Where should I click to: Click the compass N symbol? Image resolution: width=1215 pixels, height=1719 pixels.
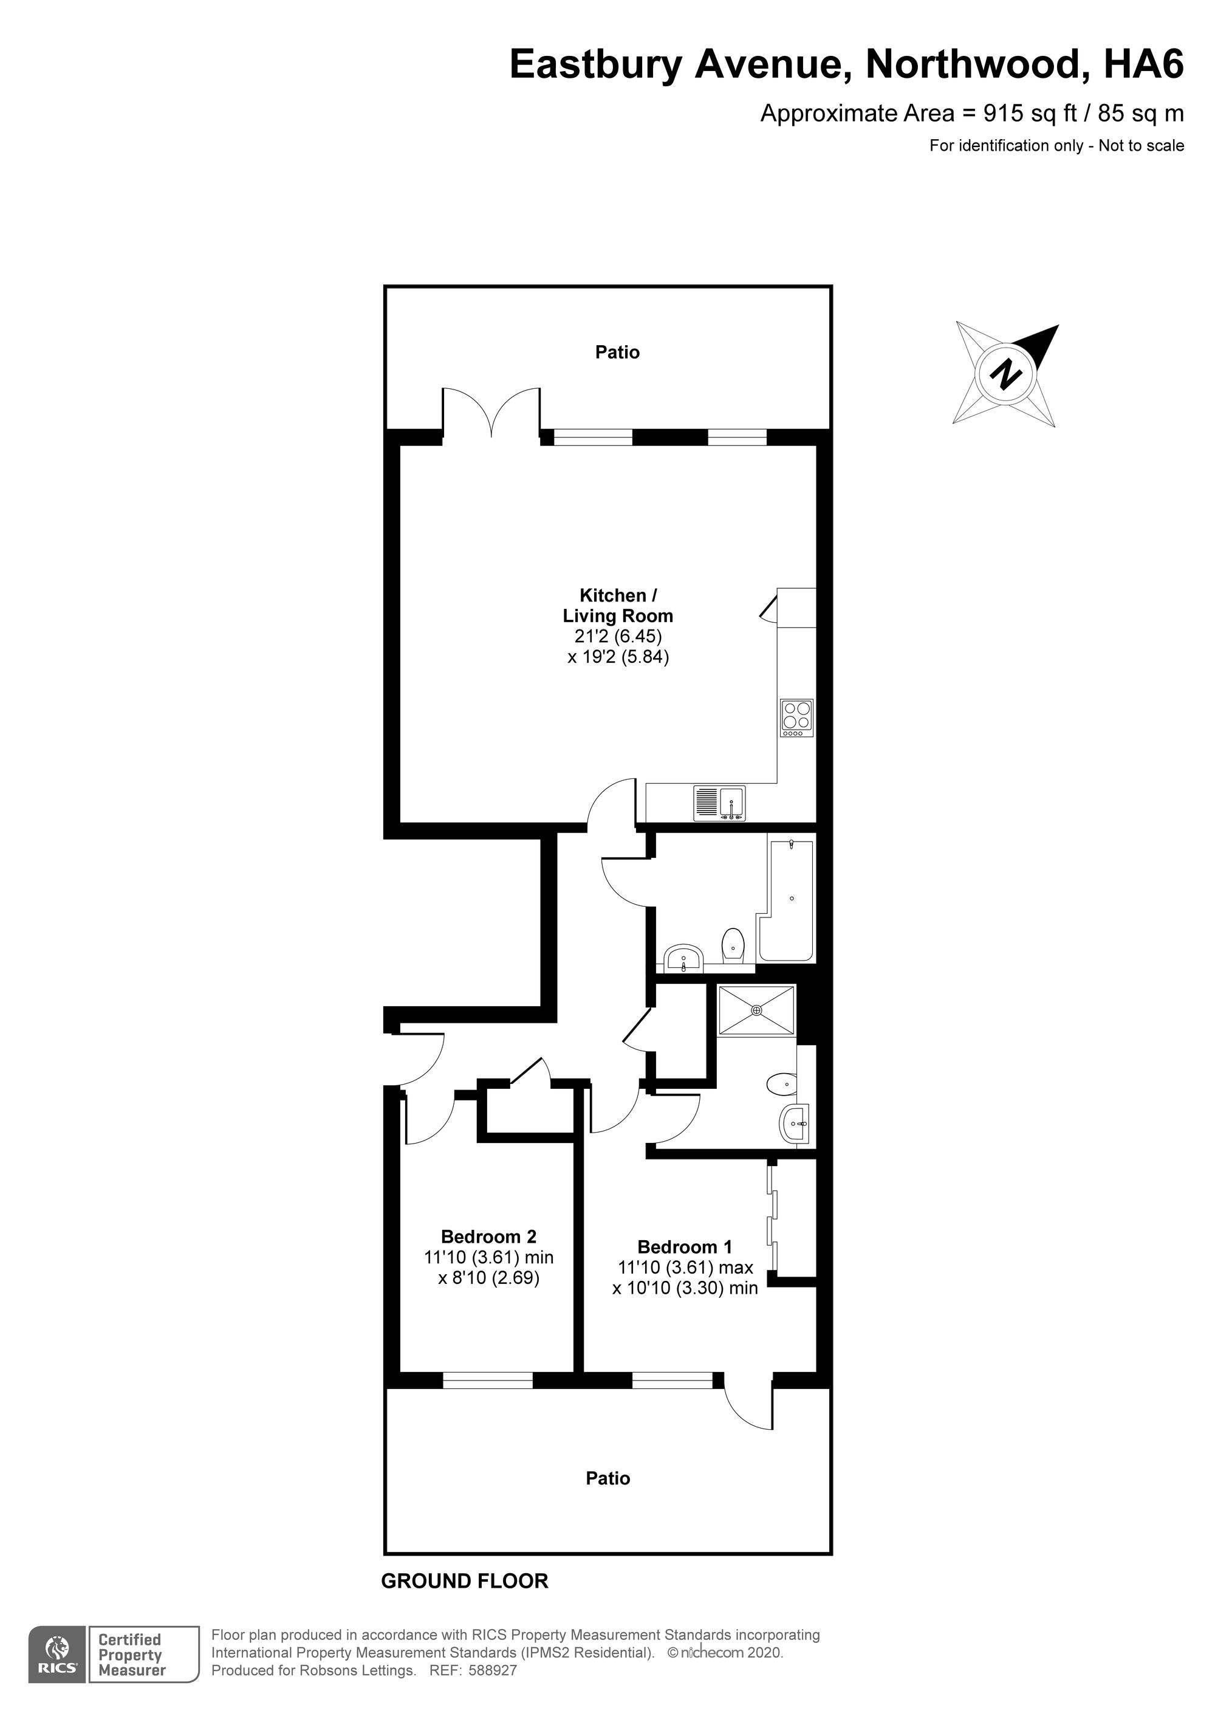pyautogui.click(x=1005, y=374)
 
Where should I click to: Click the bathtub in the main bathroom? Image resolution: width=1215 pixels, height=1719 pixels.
pyautogui.click(x=787, y=900)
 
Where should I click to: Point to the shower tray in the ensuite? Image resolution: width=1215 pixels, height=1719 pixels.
pyautogui.click(x=756, y=1010)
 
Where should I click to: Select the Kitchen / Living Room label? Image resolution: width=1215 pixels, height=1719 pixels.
pyautogui.click(x=618, y=606)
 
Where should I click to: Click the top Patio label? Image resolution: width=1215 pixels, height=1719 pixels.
pyautogui.click(x=618, y=352)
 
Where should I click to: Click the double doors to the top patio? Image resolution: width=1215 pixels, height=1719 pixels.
pyautogui.click(x=491, y=413)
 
